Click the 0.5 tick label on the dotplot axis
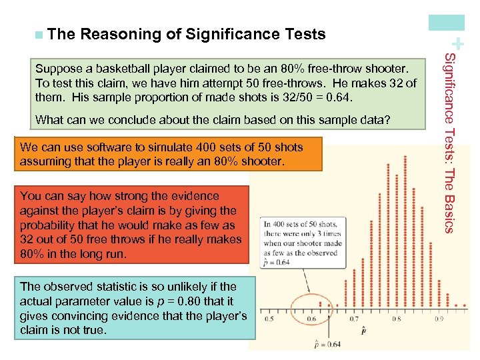click(x=269, y=319)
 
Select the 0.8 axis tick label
click(x=397, y=319)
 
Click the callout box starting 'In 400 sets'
click(x=303, y=243)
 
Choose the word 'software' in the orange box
click(x=95, y=147)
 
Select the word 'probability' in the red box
click(x=50, y=225)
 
